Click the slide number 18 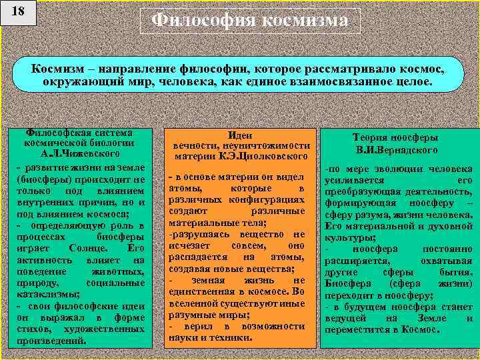19,13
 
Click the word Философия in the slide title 202,21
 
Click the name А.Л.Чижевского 79,154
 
